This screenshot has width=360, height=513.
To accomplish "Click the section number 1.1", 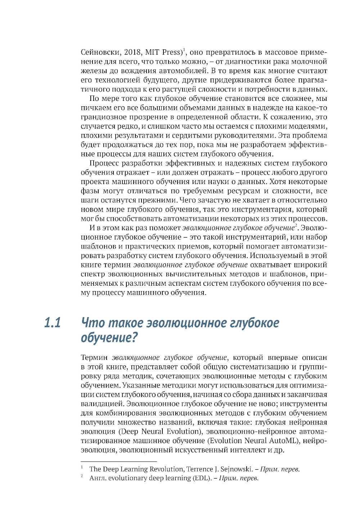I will pos(53,322).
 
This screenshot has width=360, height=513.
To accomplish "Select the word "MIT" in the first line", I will pos(152,52).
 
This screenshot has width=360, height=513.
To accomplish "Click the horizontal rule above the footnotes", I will pos(119,461).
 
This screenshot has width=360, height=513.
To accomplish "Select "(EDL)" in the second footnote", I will pos(202,478).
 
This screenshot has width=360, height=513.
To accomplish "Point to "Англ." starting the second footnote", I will pos(98,478).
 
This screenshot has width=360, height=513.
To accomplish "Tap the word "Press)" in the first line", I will pos(174,52).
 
